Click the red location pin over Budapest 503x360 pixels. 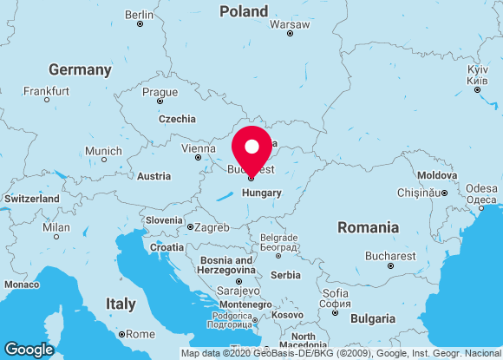tap(251, 149)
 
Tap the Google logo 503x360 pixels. tap(29, 349)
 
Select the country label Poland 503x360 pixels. tap(244, 11)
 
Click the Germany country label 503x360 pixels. tap(80, 69)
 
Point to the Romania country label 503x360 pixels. tap(368, 227)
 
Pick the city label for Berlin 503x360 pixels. tap(139, 15)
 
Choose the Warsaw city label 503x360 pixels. tap(289, 24)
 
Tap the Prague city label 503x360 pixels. tap(160, 92)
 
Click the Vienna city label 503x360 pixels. tap(198, 148)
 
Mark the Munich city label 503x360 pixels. tap(103, 151)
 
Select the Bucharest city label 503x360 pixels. tap(390, 256)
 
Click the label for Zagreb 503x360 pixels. tap(212, 227)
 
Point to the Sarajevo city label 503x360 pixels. tap(238, 290)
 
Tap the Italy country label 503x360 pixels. tap(121, 304)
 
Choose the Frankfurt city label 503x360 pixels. tap(48, 90)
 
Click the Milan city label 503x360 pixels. tap(56, 227)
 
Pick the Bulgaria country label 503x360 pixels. tap(373, 319)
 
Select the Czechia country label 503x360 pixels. tap(177, 119)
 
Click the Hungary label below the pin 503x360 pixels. tap(262, 193)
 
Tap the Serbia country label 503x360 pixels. tap(285, 275)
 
